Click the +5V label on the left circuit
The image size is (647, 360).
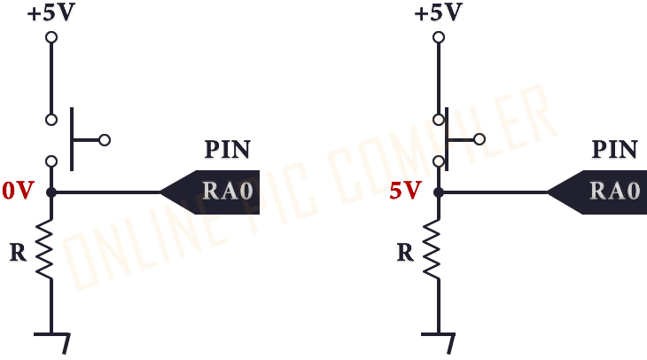pos(51,12)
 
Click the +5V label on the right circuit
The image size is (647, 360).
pos(438,12)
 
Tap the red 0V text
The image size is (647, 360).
pos(18,191)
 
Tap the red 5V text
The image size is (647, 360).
pos(405,191)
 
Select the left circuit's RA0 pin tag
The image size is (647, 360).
pos(210,192)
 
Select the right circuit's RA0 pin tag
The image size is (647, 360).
pos(597,192)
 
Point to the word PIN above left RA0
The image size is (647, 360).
pos(228,150)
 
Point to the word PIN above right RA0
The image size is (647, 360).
pos(615,150)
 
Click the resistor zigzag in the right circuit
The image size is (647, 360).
pos(432,249)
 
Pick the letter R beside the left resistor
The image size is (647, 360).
pos(18,253)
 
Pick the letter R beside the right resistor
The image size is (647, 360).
pos(405,253)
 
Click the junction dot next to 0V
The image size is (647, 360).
pos(51,192)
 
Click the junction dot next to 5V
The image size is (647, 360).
pos(439,192)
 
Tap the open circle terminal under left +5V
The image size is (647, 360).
pos(51,37)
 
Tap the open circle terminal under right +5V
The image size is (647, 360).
pos(439,37)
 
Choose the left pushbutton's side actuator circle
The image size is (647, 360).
pos(105,140)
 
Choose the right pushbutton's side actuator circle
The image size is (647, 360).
pos(479,139)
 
